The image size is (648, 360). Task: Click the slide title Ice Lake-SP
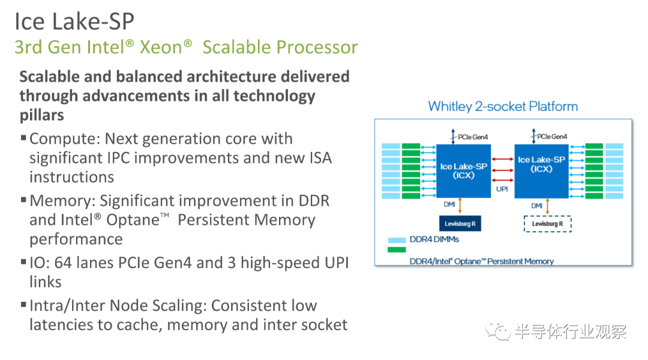point(74,22)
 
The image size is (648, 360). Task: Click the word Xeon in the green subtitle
point(161,47)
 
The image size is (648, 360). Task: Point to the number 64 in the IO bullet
point(63,263)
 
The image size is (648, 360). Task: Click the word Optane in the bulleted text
point(133,220)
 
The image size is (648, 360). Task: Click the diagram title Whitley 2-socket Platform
point(503,107)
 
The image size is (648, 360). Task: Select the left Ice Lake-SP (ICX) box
point(463,171)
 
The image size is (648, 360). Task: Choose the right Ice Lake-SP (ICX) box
point(541,171)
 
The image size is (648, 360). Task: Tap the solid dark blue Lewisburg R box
point(460,224)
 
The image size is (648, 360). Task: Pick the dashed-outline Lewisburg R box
point(548,224)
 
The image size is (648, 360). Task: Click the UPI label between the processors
point(502,189)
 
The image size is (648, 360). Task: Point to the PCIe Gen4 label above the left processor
point(473,137)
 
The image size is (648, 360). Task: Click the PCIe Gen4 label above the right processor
point(552,136)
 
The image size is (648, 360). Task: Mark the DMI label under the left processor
point(449,205)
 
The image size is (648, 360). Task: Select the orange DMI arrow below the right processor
point(548,206)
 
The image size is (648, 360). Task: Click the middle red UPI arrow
point(503,170)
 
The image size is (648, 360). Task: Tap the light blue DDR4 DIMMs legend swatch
point(397,240)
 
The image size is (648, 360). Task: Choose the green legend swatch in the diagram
point(397,250)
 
